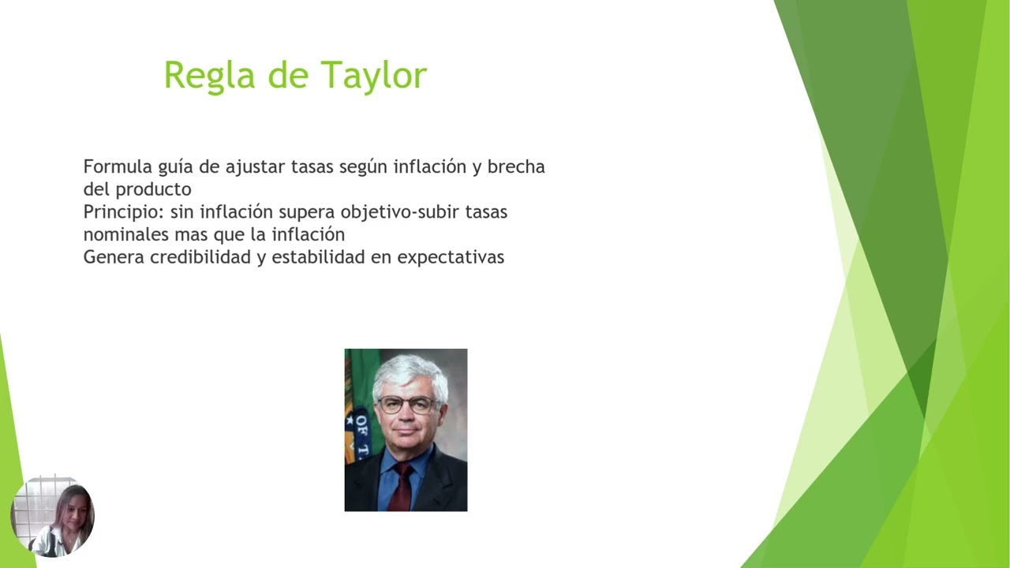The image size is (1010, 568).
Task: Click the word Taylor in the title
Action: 373,76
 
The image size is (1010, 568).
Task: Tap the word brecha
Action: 516,167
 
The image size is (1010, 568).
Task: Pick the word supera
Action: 307,212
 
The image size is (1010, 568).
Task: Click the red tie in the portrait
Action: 402,486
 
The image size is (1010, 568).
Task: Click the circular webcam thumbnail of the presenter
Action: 52,517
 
